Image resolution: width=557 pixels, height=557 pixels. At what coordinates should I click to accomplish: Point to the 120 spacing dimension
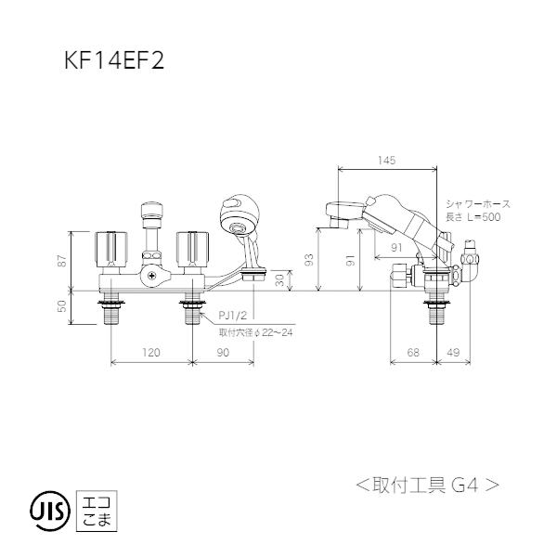click(x=152, y=353)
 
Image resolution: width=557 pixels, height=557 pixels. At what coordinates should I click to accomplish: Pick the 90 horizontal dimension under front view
click(x=224, y=353)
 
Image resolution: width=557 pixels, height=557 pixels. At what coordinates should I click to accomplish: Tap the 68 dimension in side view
click(x=412, y=353)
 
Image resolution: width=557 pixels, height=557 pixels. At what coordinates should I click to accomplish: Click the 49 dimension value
click(x=453, y=353)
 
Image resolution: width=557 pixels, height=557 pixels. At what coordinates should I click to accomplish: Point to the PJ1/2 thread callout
click(x=232, y=317)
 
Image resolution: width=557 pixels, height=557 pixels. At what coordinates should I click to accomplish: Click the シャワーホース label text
click(x=478, y=203)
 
